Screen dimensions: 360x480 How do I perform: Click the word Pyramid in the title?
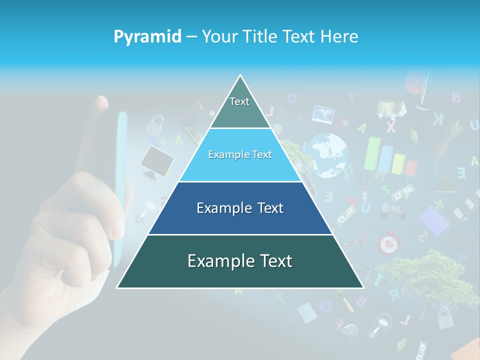[147, 36]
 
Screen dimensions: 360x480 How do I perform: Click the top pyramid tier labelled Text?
[239, 105]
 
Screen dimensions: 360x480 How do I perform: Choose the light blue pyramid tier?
[240, 155]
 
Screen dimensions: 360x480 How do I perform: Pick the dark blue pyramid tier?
[240, 208]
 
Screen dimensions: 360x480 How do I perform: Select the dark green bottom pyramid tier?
[240, 261]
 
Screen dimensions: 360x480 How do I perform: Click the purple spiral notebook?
[433, 220]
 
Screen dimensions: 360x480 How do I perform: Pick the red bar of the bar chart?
[411, 167]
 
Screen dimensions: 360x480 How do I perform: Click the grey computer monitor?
[156, 161]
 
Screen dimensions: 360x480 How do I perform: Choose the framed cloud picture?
[323, 114]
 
